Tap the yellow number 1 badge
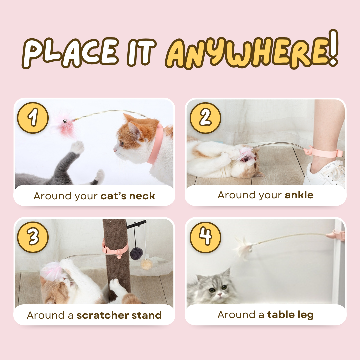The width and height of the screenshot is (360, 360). pos(33,118)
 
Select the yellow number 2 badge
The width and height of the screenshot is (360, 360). pos(205,118)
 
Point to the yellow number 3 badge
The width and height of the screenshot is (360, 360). pos(33,237)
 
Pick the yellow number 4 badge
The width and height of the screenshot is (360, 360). pos(205,237)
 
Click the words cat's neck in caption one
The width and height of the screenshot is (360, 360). pos(128,196)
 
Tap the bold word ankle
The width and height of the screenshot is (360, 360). pos(299,195)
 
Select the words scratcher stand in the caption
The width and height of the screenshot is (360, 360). pos(119,315)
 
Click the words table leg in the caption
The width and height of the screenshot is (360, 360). pos(290,314)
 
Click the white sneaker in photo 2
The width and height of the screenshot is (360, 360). pos(325,173)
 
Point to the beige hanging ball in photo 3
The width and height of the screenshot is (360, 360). pos(146,264)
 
